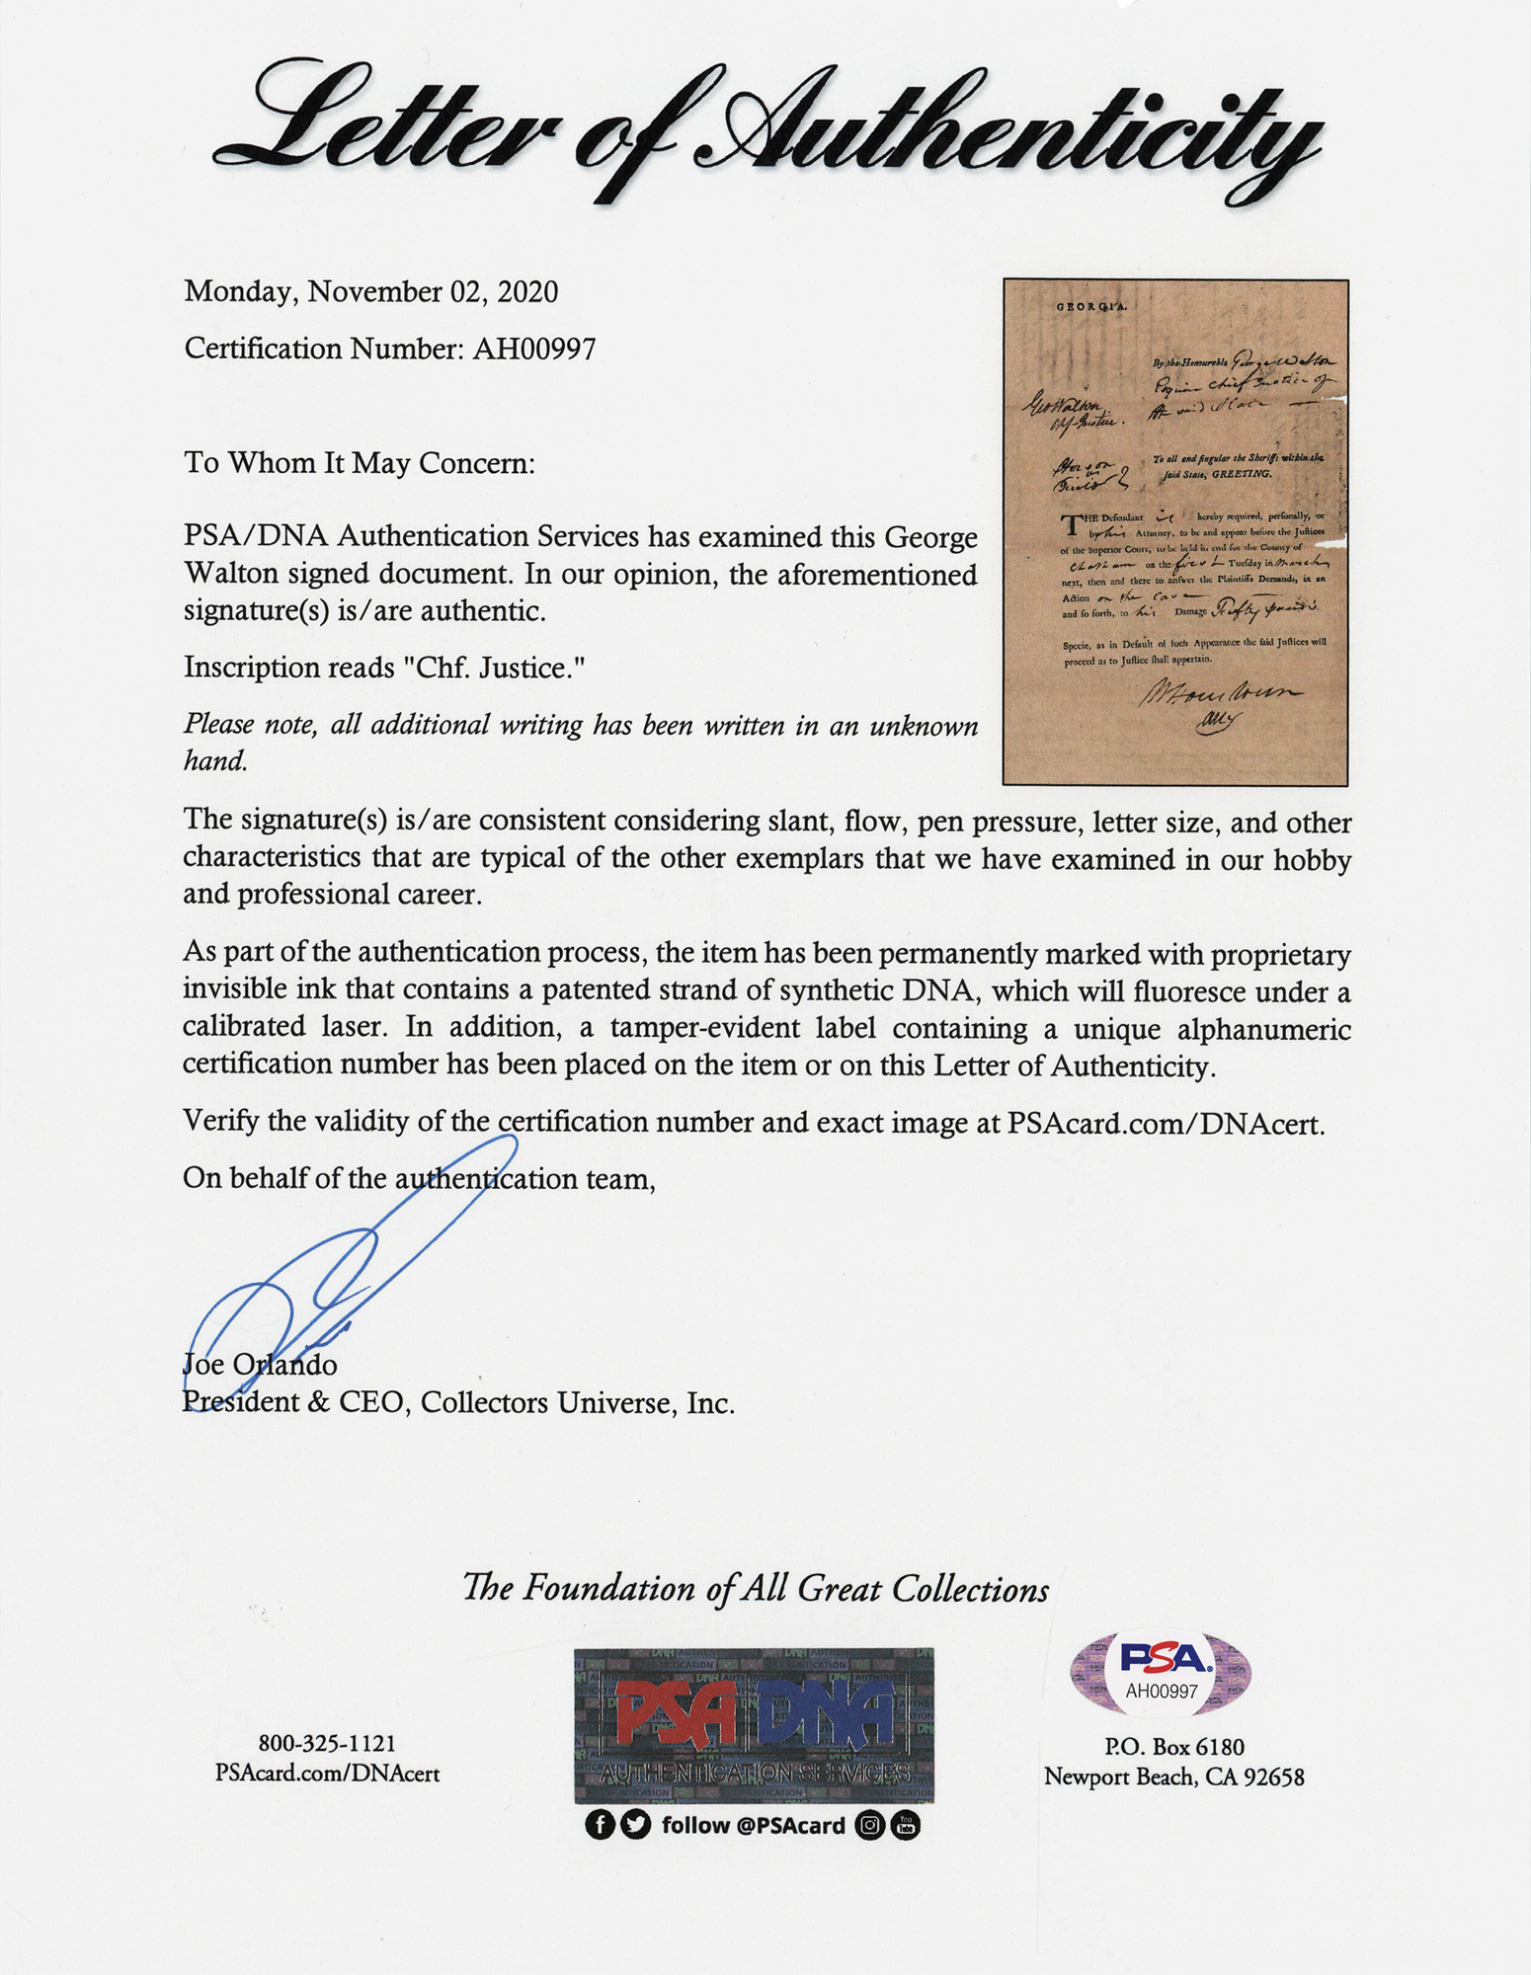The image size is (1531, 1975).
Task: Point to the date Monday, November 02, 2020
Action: [x=370, y=292]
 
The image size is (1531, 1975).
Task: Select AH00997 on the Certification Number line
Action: [x=533, y=349]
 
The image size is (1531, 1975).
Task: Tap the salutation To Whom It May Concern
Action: [x=359, y=463]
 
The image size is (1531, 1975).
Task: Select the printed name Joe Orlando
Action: [x=260, y=1365]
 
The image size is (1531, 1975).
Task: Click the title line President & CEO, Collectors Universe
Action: [x=458, y=1403]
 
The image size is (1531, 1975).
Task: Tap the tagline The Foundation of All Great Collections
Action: [x=756, y=1589]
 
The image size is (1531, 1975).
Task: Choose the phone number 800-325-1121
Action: [x=327, y=1745]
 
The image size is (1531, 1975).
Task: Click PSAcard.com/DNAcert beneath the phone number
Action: [x=327, y=1775]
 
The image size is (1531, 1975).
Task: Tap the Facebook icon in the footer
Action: [x=600, y=1825]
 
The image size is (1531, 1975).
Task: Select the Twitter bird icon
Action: [x=636, y=1825]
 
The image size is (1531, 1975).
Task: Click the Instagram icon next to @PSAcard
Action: [x=870, y=1825]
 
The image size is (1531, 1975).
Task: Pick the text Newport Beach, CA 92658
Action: [x=1173, y=1777]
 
